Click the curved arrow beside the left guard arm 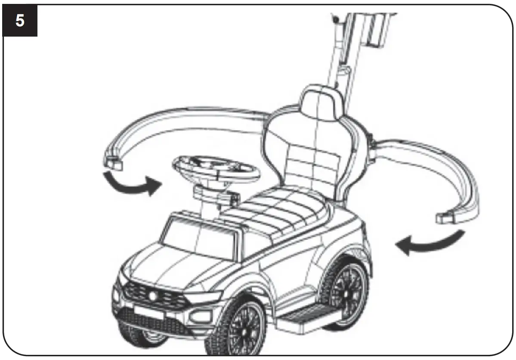(x=131, y=185)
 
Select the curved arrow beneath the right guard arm (x=430, y=244)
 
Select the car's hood (x=172, y=267)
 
